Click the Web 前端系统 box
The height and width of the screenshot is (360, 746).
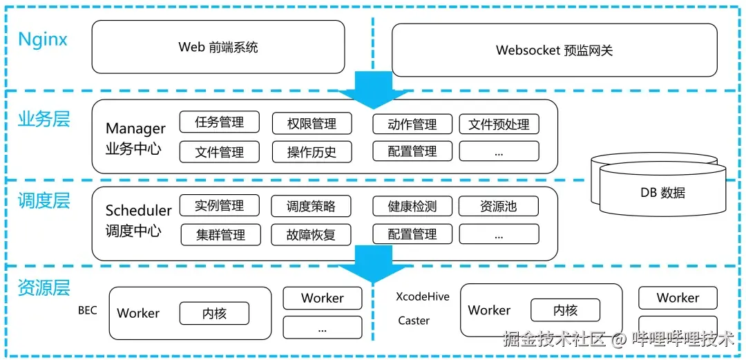[218, 47]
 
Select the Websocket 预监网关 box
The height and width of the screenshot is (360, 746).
[554, 50]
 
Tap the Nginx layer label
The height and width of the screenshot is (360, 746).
[43, 39]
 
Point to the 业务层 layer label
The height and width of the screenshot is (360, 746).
[44, 119]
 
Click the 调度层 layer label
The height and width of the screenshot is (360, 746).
[44, 201]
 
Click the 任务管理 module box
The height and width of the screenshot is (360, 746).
[220, 122]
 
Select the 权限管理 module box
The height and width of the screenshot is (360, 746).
[312, 124]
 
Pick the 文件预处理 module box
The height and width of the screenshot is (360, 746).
[499, 124]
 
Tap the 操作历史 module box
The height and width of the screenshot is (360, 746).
[312, 152]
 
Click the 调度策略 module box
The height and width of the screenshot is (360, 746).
[312, 206]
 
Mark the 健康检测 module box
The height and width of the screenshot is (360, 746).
[412, 206]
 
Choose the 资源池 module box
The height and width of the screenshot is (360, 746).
[499, 206]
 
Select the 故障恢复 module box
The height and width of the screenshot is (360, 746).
[312, 235]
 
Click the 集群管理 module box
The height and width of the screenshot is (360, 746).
[220, 235]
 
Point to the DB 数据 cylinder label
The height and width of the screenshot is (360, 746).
[662, 193]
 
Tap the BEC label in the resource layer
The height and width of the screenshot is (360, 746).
[87, 310]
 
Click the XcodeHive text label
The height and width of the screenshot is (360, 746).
[422, 296]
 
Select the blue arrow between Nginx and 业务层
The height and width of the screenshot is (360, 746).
[373, 88]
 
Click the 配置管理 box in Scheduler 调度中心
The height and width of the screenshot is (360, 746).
[412, 235]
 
